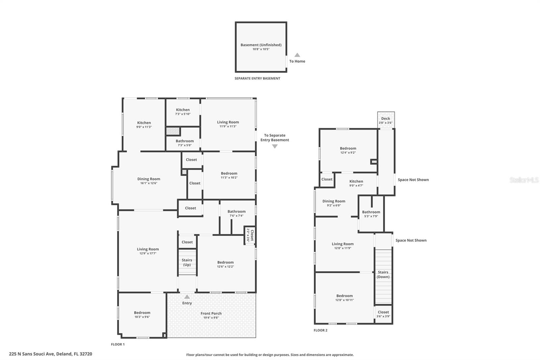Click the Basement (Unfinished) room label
(261, 45)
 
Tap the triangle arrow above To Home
(297, 55)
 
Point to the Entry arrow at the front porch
(187, 297)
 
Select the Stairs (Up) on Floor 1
(187, 262)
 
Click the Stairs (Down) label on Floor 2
(383, 274)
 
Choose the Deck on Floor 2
(386, 120)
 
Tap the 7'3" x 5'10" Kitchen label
(183, 112)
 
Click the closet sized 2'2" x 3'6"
(250, 235)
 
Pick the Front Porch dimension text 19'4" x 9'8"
(211, 318)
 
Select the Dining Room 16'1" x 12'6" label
(148, 181)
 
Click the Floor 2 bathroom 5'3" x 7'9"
(371, 214)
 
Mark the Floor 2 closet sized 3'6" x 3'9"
(383, 314)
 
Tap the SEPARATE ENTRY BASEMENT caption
(257, 78)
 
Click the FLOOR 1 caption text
(118, 344)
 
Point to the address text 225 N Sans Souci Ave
(50, 354)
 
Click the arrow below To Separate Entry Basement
(275, 147)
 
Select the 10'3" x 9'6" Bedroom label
(142, 315)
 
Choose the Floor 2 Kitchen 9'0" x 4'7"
(356, 183)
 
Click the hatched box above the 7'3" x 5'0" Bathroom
(173, 131)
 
